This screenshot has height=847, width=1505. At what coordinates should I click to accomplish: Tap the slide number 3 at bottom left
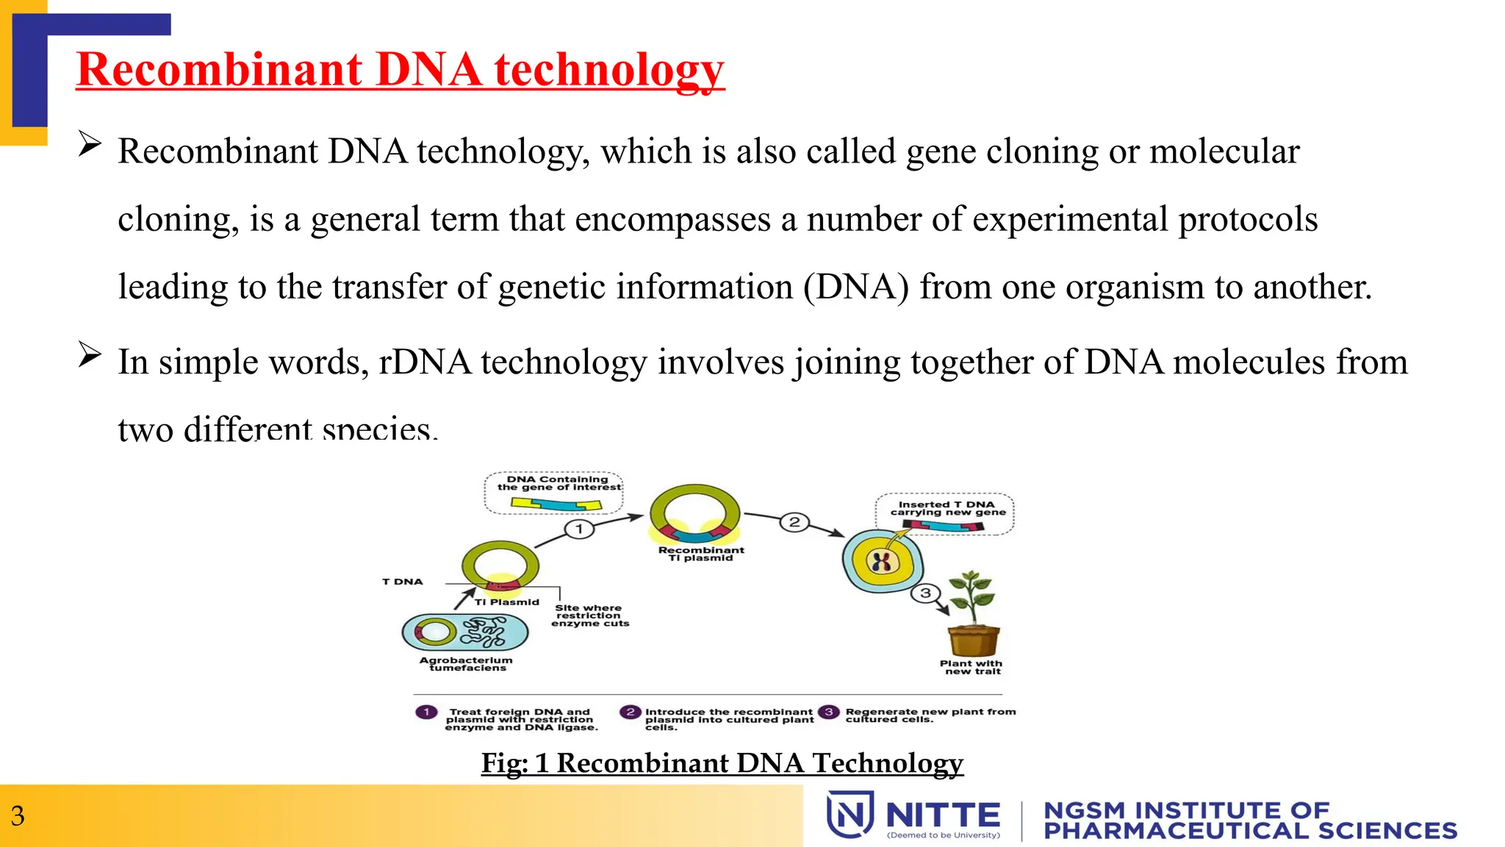18,816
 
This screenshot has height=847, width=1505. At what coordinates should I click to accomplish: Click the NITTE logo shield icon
850,814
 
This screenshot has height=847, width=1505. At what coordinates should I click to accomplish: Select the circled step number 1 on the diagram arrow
579,529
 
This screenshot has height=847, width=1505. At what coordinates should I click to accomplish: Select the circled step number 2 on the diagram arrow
794,522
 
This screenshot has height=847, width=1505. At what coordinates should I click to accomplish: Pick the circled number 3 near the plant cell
925,593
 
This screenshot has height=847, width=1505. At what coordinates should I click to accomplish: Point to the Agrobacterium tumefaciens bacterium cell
465,632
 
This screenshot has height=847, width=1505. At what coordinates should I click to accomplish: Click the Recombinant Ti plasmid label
701,554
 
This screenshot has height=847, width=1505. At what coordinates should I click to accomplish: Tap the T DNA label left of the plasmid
402,582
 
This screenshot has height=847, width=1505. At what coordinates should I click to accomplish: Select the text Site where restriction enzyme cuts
589,615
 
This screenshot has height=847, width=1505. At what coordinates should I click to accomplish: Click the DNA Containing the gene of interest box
555,493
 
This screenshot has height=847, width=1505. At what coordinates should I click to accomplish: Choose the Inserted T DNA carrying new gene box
945,513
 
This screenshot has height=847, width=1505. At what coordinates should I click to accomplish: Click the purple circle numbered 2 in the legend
630,712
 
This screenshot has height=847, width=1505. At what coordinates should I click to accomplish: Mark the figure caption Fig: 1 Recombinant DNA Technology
722,763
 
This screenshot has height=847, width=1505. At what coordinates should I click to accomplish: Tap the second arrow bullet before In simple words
90,354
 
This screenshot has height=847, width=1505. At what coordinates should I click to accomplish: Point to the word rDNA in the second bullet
425,362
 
